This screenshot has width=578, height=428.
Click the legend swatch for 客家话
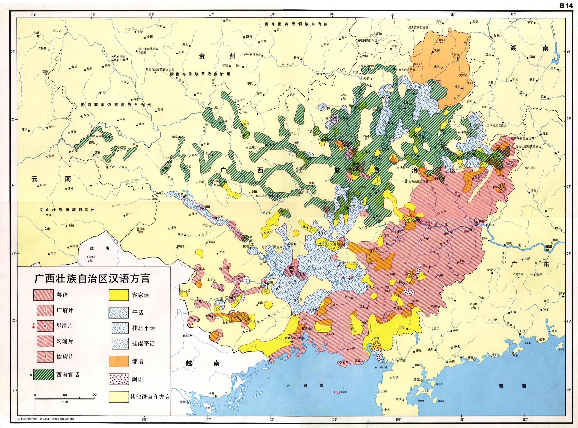click(x=118, y=295)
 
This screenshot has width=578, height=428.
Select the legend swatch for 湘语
click(x=118, y=361)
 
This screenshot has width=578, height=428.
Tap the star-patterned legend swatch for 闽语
click(x=118, y=379)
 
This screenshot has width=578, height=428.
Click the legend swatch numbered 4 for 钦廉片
click(x=45, y=357)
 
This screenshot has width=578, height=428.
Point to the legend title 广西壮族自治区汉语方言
click(x=92, y=279)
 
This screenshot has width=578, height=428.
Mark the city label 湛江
click(x=416, y=380)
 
